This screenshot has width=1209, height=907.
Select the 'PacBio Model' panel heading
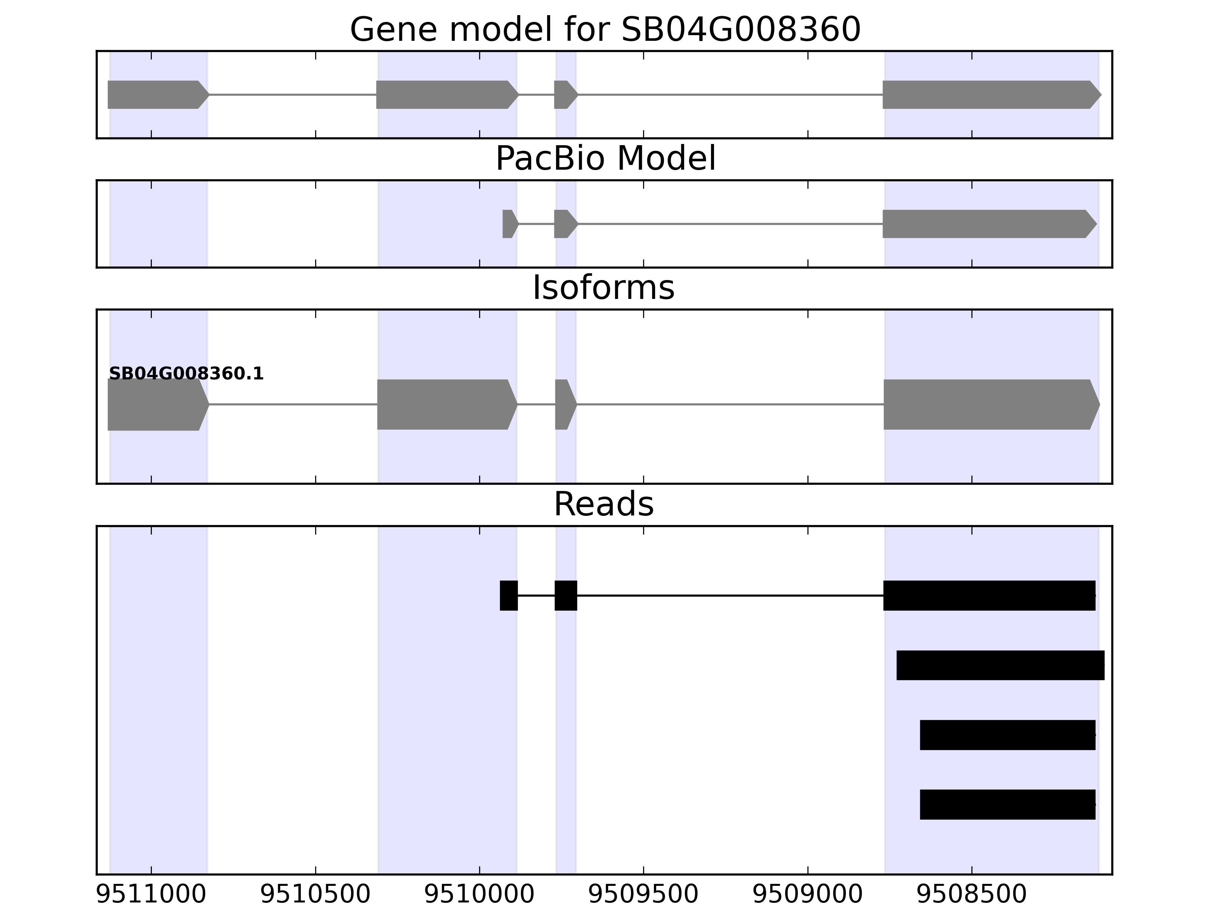[604, 159]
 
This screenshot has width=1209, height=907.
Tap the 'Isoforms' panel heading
[603, 288]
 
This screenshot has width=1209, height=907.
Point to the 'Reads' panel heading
[603, 504]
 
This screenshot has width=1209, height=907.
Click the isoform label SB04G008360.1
[186, 374]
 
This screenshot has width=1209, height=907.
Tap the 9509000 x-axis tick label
[807, 895]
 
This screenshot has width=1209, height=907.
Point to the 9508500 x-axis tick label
[971, 895]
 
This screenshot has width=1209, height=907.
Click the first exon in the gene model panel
[156, 94]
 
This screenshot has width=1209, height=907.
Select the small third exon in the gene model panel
[564, 94]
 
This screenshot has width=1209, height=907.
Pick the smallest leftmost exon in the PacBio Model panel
[509, 224]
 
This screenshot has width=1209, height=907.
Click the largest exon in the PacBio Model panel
[986, 224]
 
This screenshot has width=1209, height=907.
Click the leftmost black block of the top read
[508, 595]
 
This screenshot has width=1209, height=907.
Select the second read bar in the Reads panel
[1000, 666]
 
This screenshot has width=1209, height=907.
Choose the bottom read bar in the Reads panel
[1007, 804]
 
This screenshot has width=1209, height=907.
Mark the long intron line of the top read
[730, 595]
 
